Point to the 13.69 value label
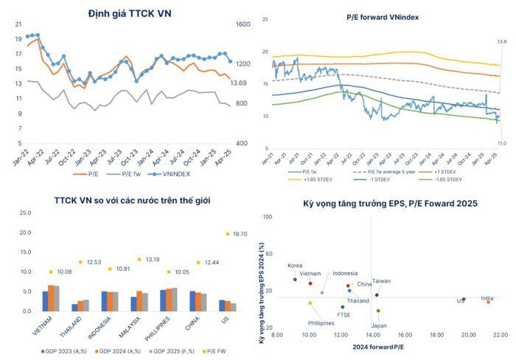pyautogui.click(x=238, y=83)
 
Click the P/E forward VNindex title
pyautogui.click(x=383, y=15)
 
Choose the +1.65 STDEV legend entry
pyautogui.click(x=304, y=179)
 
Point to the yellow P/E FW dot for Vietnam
pyautogui.click(x=51, y=271)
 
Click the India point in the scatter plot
pyautogui.click(x=488, y=302)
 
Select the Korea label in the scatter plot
pyautogui.click(x=295, y=266)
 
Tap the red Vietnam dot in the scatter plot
pyautogui.click(x=310, y=283)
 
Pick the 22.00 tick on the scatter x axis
pyautogui.click(x=500, y=335)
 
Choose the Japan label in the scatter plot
pyautogui.click(x=378, y=325)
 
